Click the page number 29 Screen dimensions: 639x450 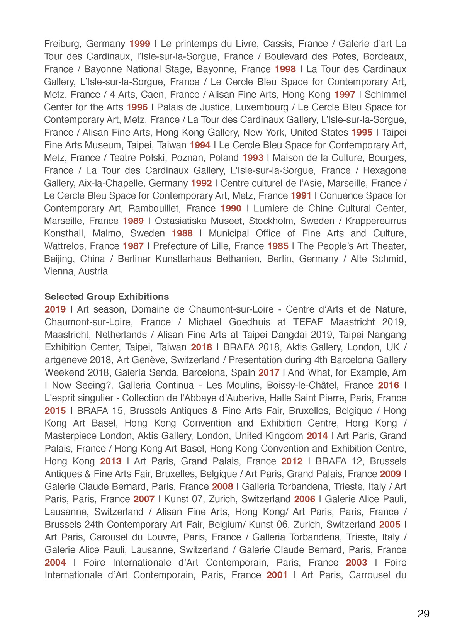[423, 614]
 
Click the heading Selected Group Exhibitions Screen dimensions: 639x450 [107, 296]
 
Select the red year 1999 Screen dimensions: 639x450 [140, 44]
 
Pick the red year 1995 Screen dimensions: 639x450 [362, 132]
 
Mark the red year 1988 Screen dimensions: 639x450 [182, 233]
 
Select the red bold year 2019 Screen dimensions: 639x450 [55, 309]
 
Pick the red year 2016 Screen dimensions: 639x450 [389, 385]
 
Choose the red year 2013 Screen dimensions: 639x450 [111, 461]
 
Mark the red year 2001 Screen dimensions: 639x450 [277, 575]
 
